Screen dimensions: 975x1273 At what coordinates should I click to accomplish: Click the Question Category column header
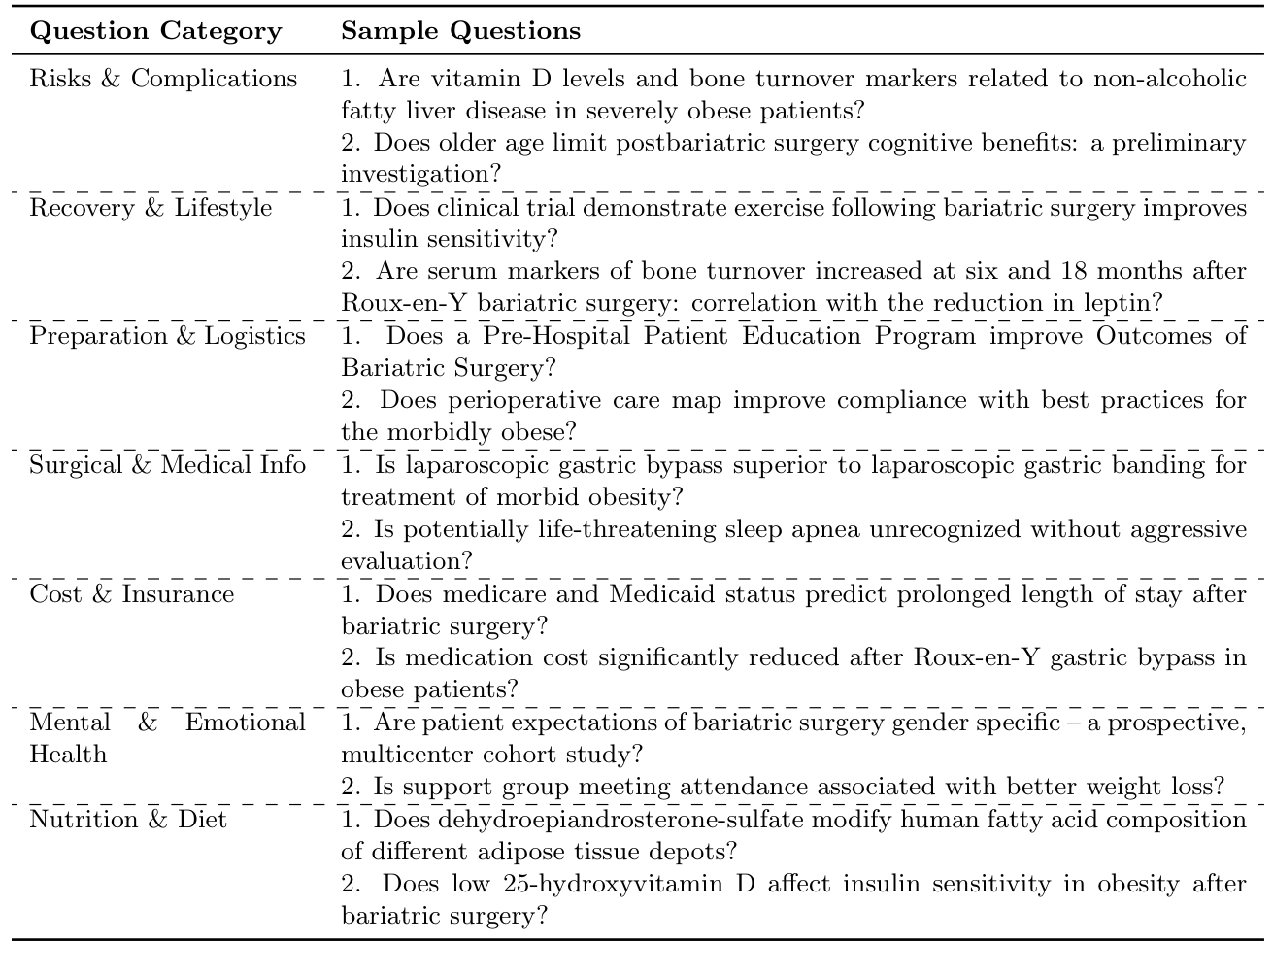point(155,31)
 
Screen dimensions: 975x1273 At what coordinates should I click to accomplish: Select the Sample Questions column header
point(460,31)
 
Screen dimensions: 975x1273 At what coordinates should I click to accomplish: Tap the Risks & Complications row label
point(163,79)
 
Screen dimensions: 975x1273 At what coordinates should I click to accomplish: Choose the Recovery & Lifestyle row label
point(151,208)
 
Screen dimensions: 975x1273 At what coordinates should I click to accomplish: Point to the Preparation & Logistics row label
point(167,337)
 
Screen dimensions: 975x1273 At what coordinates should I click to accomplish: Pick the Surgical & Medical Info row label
point(167,465)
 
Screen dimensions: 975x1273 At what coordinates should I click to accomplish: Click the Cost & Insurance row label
point(132,594)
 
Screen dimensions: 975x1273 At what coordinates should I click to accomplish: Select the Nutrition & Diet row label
point(128,820)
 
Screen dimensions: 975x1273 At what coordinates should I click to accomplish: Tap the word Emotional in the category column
point(245,723)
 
